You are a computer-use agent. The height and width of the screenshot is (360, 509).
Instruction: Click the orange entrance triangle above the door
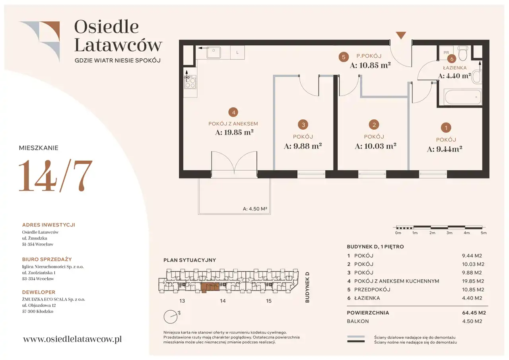coord(401,35)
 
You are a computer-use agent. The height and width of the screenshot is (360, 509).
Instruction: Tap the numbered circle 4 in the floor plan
coord(233,112)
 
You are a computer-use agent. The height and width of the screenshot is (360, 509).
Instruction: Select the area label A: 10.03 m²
coord(375,146)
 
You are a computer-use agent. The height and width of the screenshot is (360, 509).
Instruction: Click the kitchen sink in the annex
coord(214,53)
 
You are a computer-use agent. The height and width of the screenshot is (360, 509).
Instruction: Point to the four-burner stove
coord(190,82)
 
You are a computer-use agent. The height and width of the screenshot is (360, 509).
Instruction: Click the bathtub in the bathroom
coord(462,97)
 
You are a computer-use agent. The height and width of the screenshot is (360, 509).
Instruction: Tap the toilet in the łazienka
coord(462,53)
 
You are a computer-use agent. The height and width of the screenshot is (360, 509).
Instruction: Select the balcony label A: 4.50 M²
coord(255,208)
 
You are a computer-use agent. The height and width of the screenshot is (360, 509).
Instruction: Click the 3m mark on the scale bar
coord(449,233)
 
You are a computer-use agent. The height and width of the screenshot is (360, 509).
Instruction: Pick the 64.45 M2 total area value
coord(474,313)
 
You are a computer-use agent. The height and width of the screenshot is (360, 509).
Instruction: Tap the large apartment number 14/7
coord(55,175)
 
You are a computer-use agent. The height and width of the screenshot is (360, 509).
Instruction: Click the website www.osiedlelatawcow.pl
coord(72,339)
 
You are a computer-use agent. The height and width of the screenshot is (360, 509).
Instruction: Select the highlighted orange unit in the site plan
coord(210,287)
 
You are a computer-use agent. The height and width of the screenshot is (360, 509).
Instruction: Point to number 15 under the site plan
coord(268,301)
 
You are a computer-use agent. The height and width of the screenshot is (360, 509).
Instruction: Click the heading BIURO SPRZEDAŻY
coord(47,259)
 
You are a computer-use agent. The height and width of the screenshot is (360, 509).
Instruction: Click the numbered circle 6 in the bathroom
coord(451,59)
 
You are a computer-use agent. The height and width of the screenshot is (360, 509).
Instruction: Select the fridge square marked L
coord(237,53)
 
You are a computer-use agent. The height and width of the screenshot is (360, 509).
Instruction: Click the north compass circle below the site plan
coord(171,317)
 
